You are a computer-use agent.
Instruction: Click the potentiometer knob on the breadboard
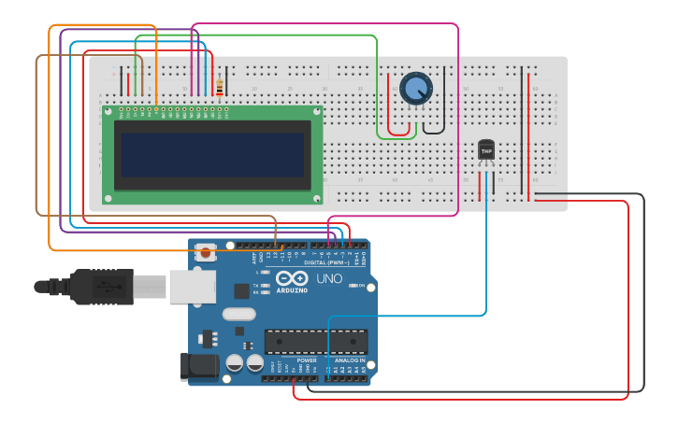(416, 89)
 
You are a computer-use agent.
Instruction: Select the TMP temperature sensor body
(486, 149)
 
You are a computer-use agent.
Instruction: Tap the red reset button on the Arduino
(206, 252)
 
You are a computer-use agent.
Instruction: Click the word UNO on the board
(329, 278)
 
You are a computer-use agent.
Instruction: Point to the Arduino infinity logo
(292, 278)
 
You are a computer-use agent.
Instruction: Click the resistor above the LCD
(219, 88)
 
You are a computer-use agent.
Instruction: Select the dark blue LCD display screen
(212, 153)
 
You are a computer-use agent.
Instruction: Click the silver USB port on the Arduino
(193, 287)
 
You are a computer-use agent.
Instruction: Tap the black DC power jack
(198, 366)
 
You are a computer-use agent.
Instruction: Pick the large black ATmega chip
(316, 342)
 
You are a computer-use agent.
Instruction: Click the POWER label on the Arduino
(307, 360)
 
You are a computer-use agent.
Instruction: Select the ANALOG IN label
(350, 360)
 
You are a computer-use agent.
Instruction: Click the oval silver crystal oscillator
(238, 315)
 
